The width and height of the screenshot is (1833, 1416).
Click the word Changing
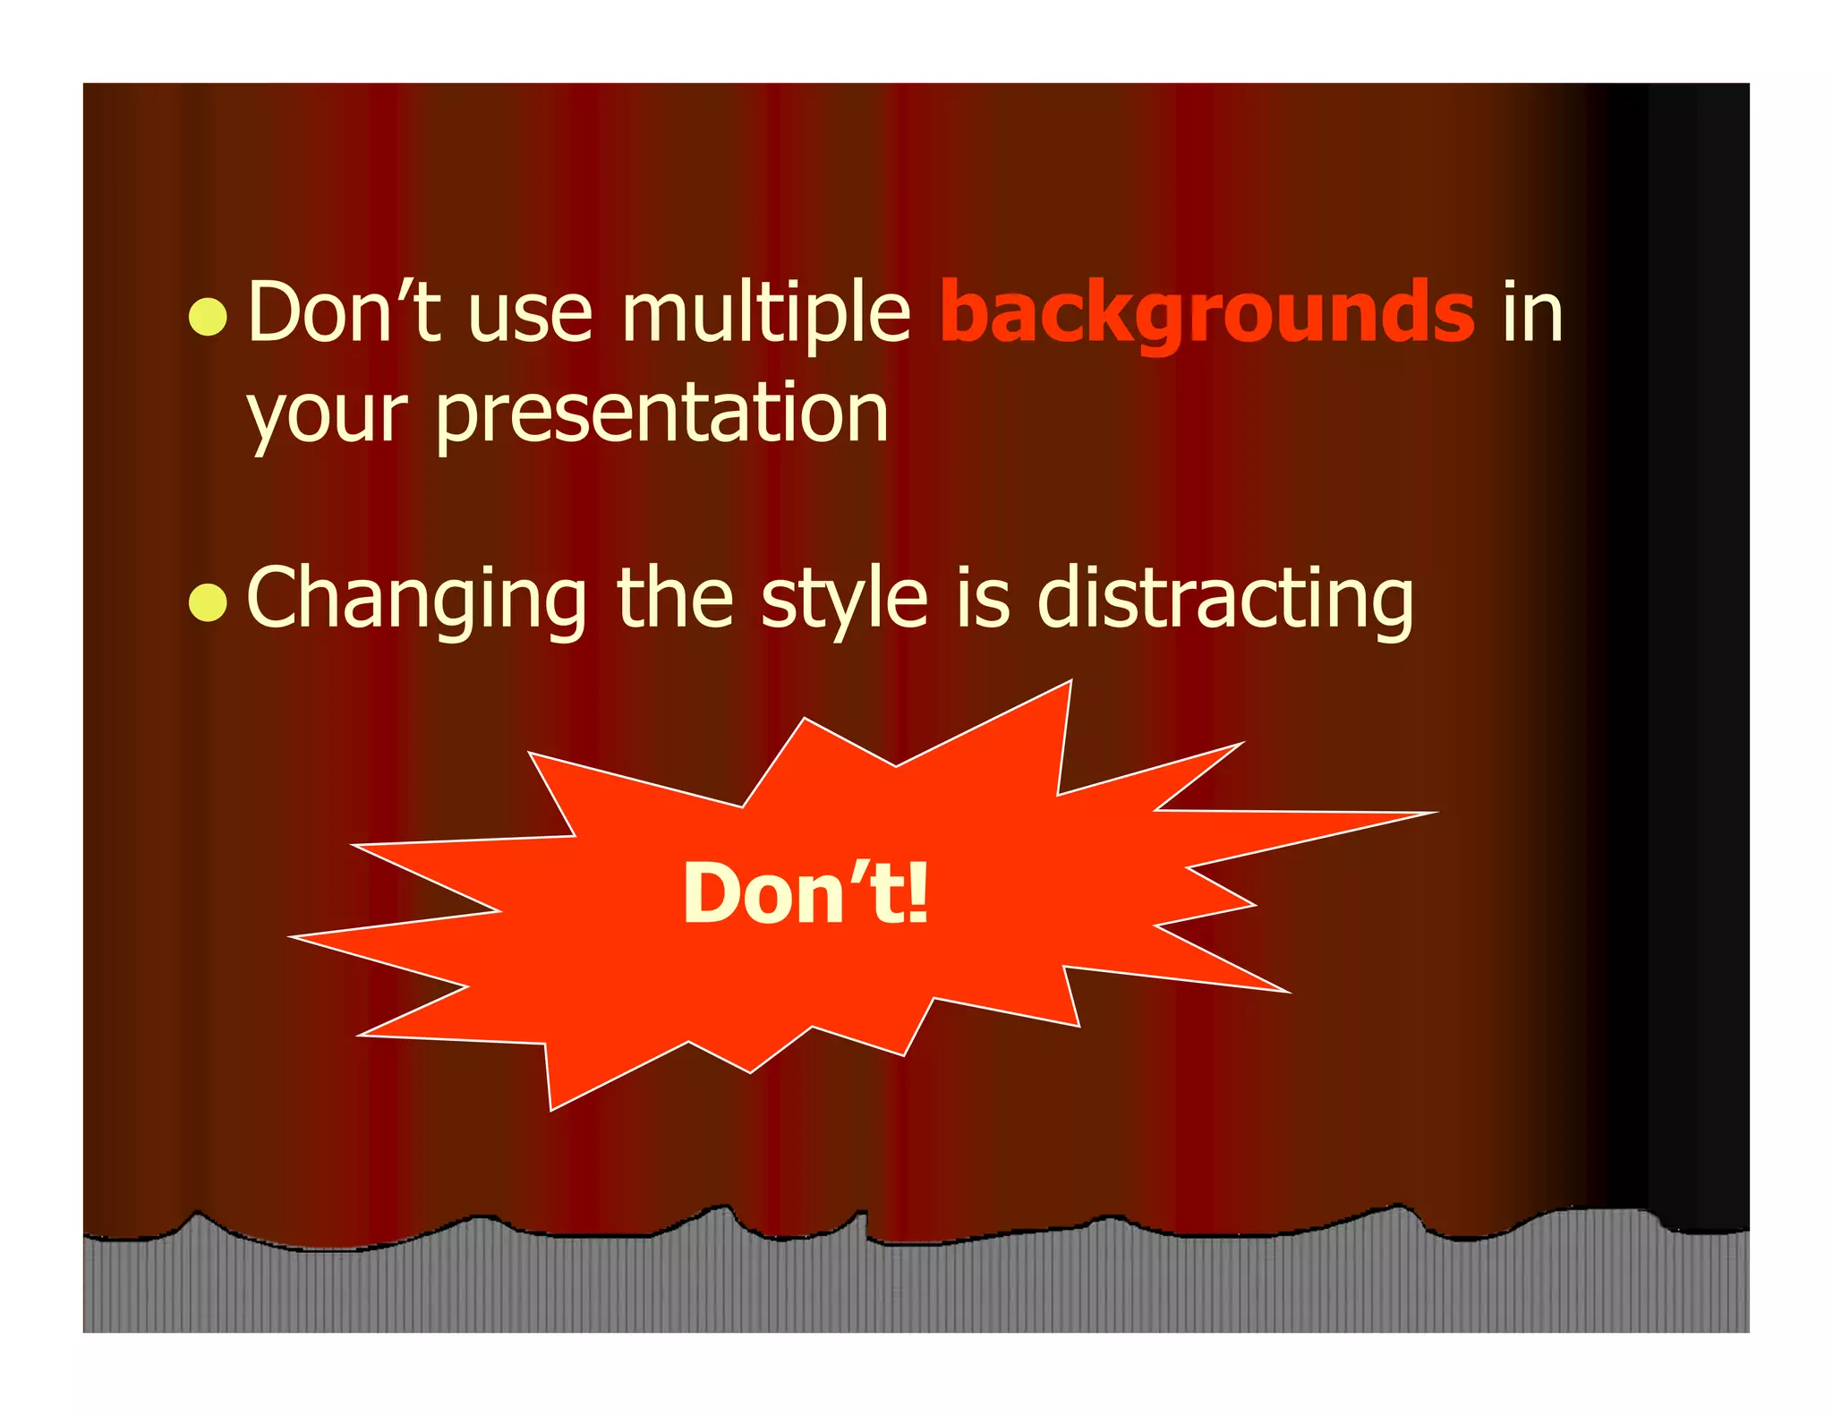[416, 601]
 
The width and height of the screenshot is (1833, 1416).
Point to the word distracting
[1225, 601]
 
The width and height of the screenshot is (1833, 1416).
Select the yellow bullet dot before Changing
[209, 602]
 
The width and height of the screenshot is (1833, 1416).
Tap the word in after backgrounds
[1532, 313]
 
